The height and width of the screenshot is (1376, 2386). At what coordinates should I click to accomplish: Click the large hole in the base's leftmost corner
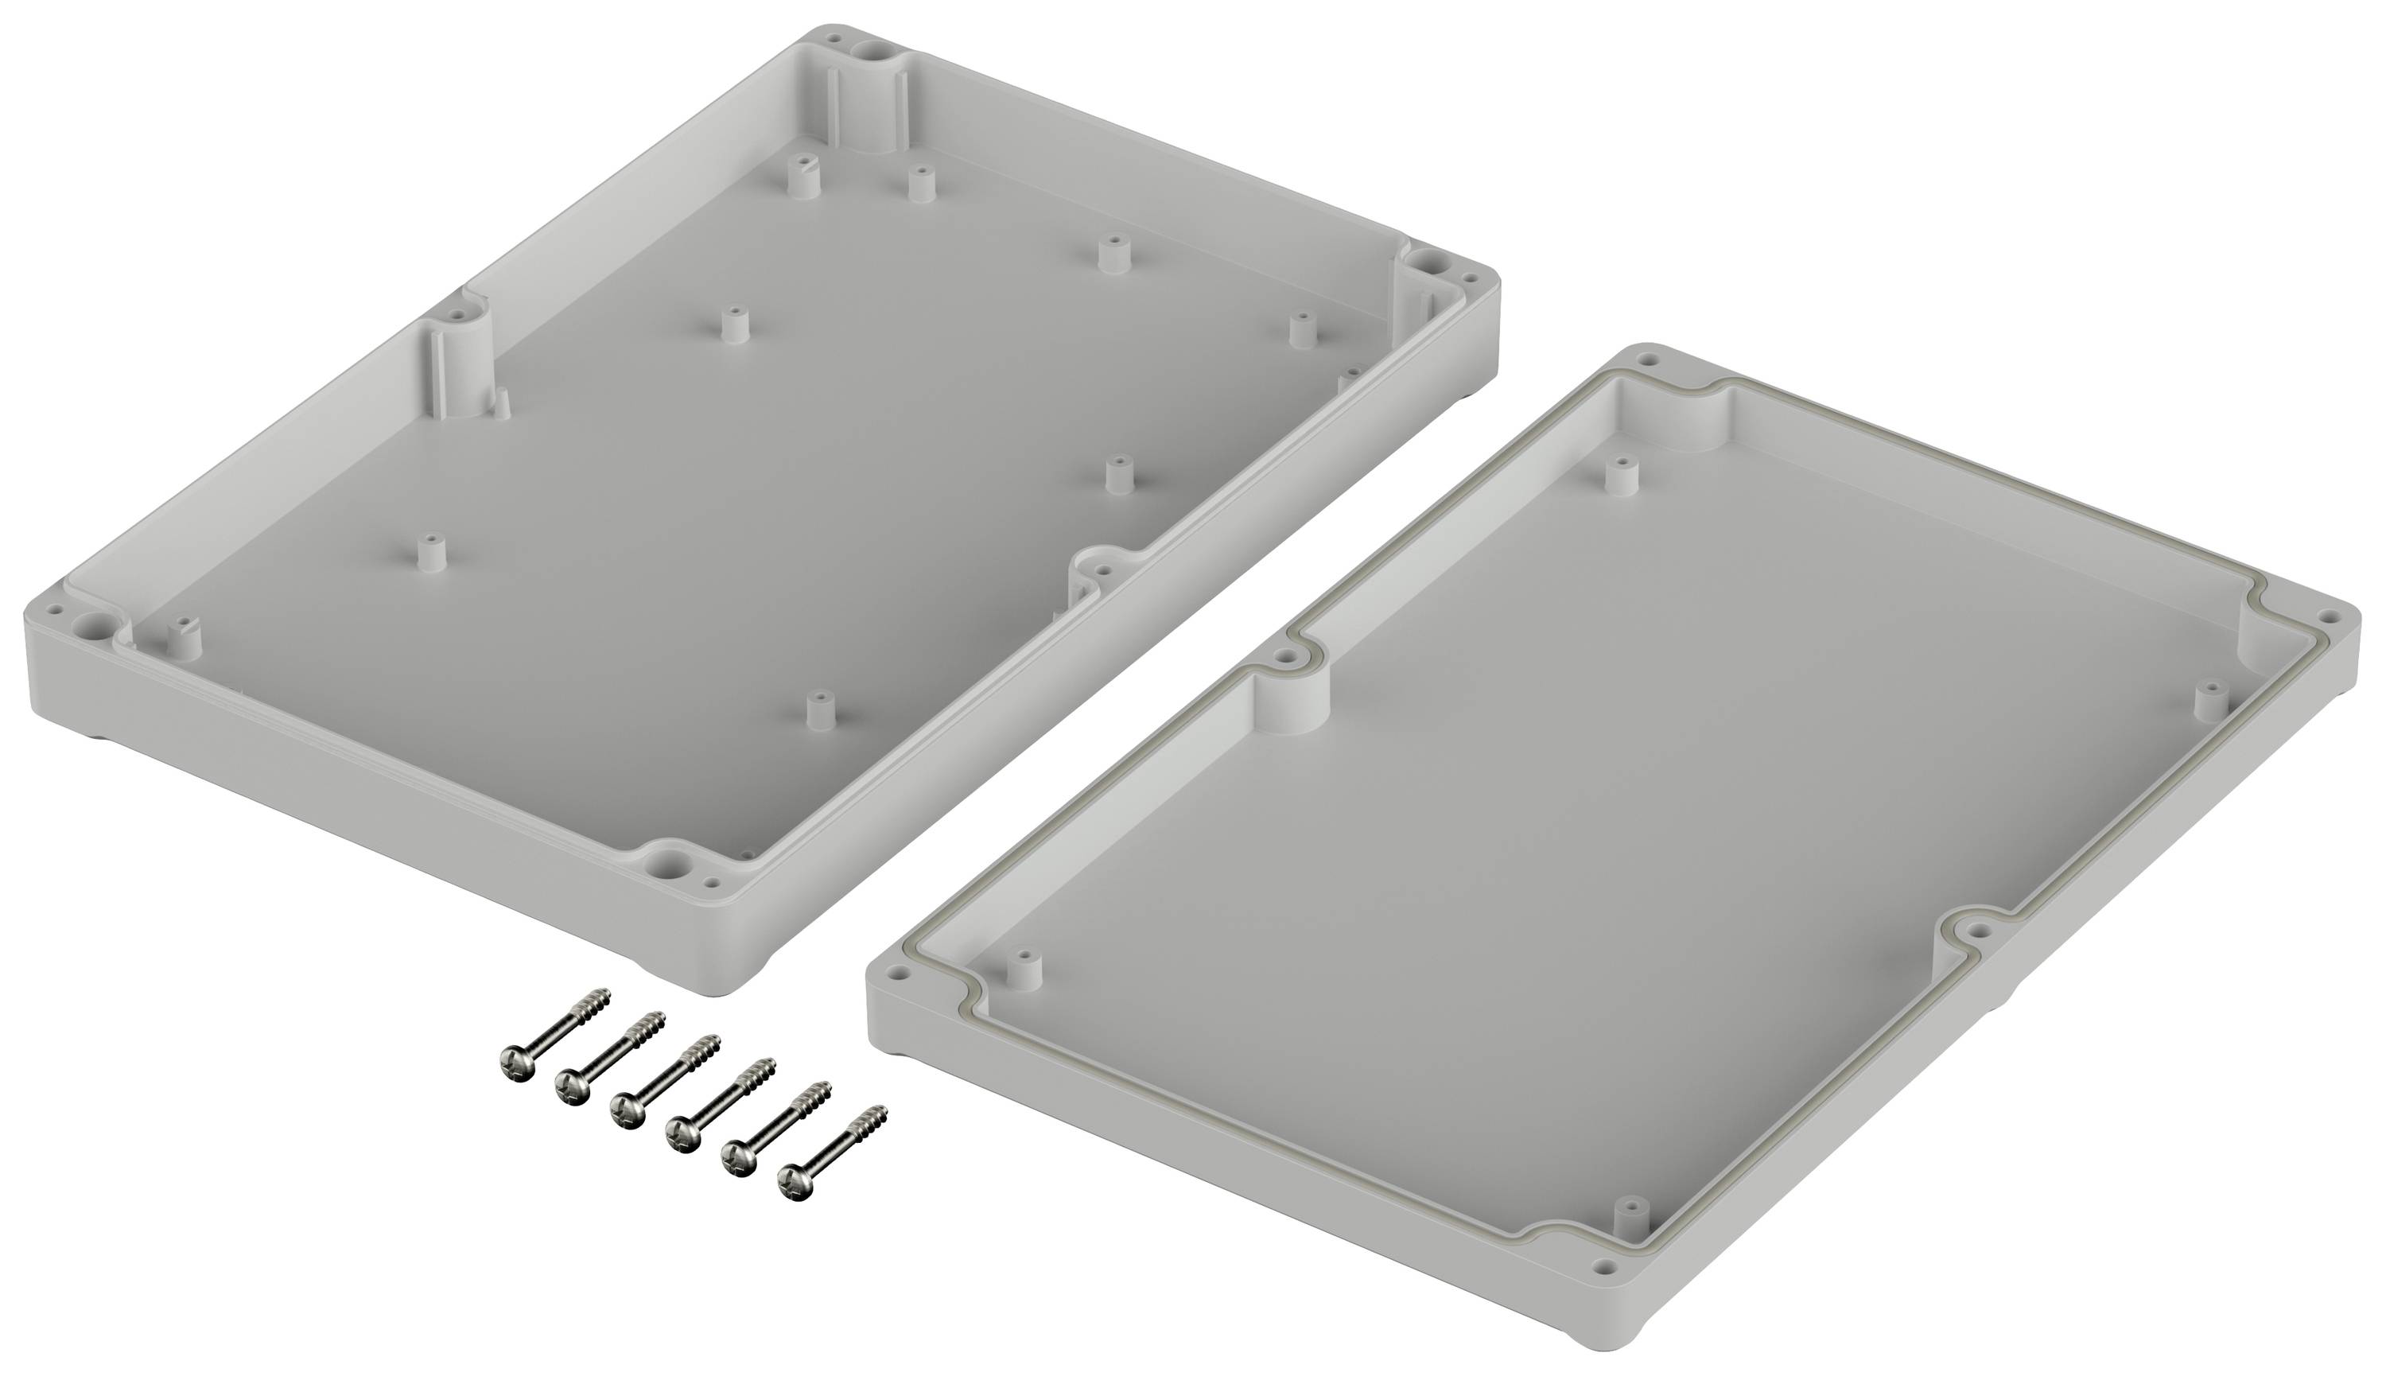click(94, 623)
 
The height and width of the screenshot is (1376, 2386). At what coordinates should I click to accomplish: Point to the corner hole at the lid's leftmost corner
click(890, 970)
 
